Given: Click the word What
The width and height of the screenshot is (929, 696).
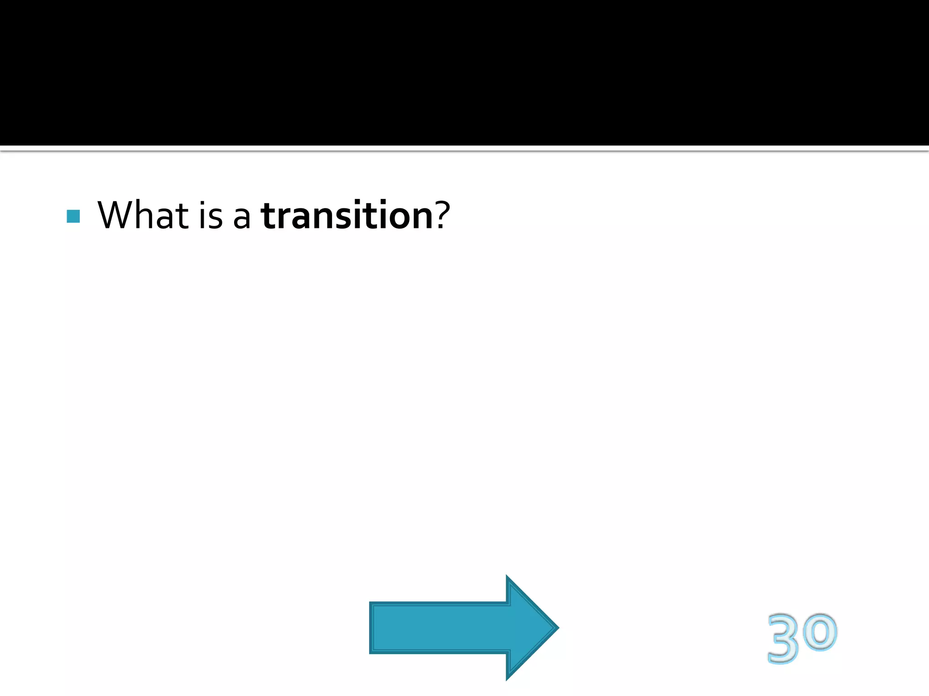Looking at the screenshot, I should (x=143, y=215).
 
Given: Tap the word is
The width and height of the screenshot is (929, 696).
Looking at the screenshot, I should (x=211, y=215).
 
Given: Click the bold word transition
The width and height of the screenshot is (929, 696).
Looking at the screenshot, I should (x=347, y=215).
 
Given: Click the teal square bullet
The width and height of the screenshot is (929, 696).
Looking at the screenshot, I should (x=73, y=216).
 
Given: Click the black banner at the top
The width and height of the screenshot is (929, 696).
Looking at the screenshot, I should (x=464, y=72).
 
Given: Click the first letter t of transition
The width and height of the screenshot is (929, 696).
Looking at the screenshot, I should (x=268, y=216).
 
